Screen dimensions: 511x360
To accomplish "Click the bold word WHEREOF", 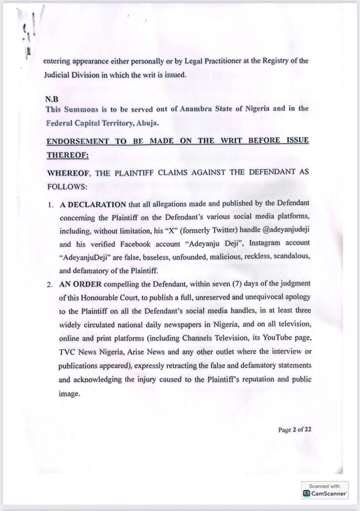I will click(x=66, y=173).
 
